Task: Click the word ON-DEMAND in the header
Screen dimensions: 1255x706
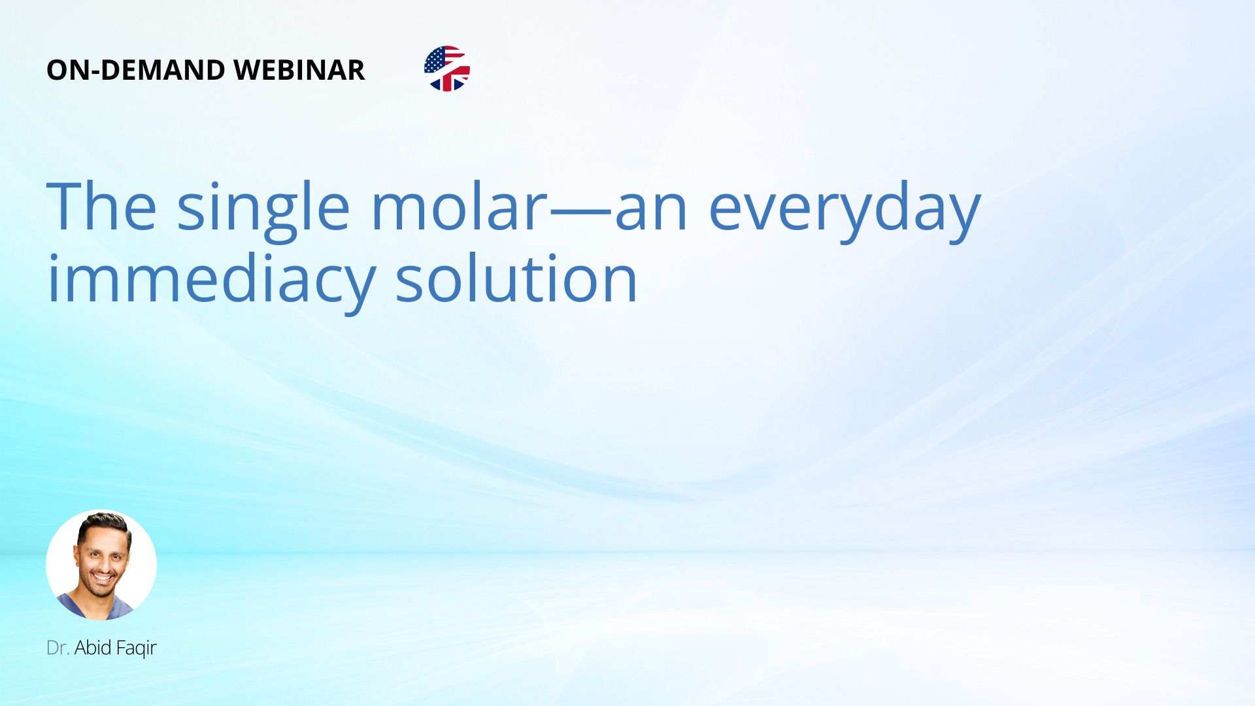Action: (135, 70)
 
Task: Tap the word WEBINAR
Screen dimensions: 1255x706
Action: (299, 70)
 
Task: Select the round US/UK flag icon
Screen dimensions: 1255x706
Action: (447, 69)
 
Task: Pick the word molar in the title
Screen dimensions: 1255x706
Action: (459, 205)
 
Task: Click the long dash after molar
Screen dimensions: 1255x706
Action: (580, 212)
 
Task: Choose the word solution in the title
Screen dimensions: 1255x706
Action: (516, 278)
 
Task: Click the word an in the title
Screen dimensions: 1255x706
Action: (651, 212)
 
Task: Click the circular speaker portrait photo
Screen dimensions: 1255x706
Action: (101, 565)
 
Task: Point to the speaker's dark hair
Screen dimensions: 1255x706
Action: (104, 524)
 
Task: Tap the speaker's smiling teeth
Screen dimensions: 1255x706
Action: (104, 578)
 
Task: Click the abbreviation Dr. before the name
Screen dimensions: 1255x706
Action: (58, 648)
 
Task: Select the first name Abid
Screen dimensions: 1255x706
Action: (93, 648)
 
